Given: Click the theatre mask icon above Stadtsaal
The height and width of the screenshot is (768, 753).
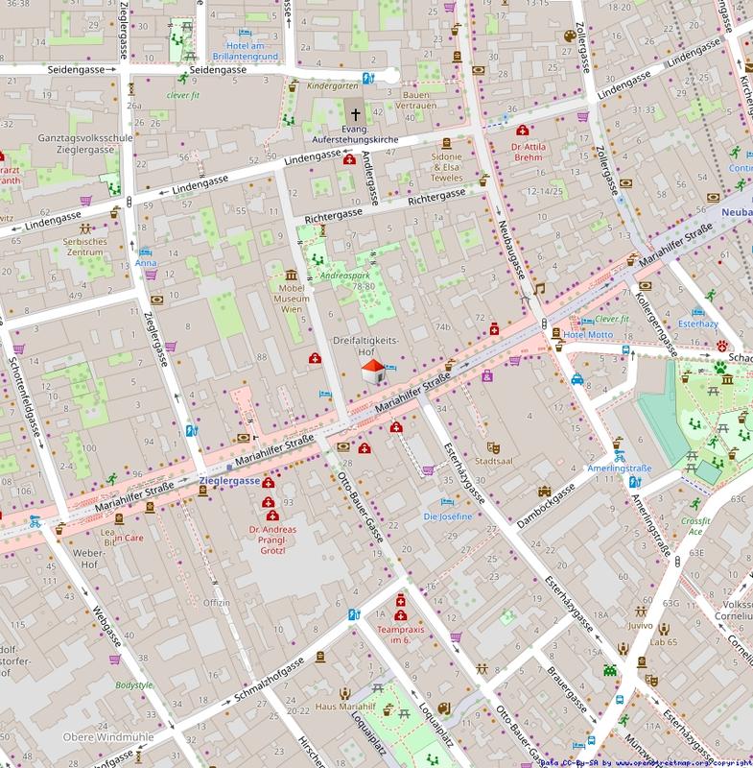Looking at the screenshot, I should coord(493,446).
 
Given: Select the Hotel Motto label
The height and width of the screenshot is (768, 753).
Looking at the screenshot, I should coord(587,334).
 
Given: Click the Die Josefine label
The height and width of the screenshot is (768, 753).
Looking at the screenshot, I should coord(448,516).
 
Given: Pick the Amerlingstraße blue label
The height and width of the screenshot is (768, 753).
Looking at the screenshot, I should coord(619,468).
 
